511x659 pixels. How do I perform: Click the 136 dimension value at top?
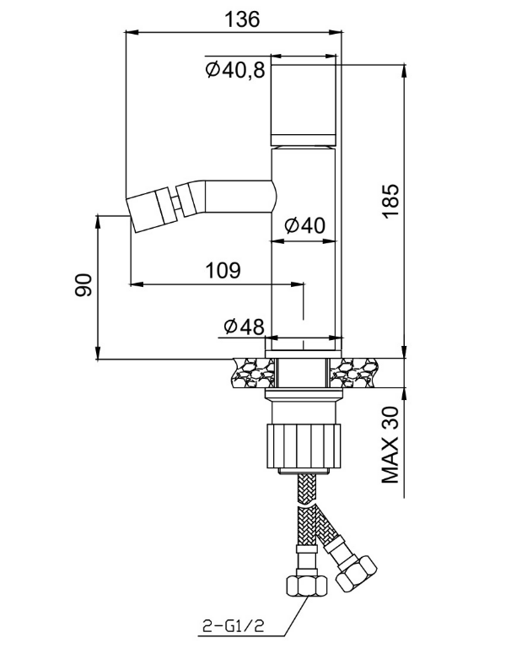[242, 19]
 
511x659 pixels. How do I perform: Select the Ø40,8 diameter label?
[235, 69]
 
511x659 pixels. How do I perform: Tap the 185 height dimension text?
[390, 201]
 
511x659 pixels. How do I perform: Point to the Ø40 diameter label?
[305, 225]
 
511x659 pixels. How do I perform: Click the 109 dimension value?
[223, 270]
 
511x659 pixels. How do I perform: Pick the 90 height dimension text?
[83, 285]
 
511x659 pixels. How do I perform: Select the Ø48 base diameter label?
[245, 327]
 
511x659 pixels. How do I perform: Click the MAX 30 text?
[390, 445]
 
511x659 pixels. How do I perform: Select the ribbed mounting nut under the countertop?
[304, 446]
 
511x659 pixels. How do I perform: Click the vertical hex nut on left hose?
[307, 586]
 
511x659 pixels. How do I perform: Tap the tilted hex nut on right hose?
[357, 574]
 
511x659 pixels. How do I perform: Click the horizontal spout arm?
[239, 196]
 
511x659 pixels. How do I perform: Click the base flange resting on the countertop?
[304, 354]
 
